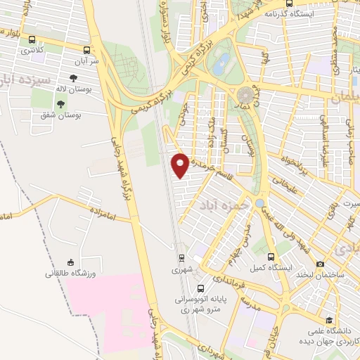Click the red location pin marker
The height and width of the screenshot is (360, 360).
point(181,166)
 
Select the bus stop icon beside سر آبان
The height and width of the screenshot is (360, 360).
point(86,50)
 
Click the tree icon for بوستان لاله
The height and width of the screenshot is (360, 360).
point(73,79)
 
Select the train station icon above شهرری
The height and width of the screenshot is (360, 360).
point(182,257)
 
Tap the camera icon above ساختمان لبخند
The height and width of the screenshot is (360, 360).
point(320,264)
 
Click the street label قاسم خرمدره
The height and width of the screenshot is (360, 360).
point(213,173)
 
